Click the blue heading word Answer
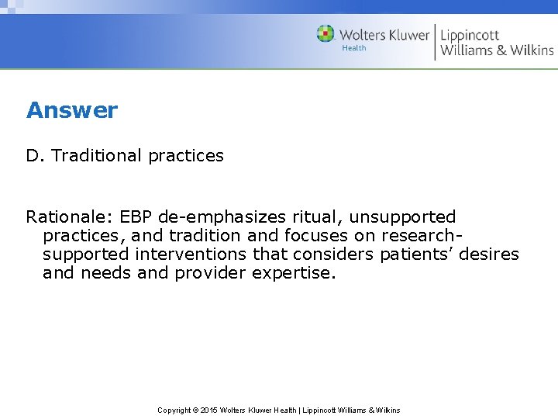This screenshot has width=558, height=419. [x=72, y=110]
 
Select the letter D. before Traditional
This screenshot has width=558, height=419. [x=36, y=156]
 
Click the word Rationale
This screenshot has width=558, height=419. [x=67, y=217]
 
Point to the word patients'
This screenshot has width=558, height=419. [x=418, y=255]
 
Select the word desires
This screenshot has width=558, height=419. [x=491, y=255]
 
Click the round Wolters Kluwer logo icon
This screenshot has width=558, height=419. [x=325, y=34]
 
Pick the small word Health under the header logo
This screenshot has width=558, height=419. [x=354, y=48]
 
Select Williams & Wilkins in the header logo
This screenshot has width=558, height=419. [x=497, y=50]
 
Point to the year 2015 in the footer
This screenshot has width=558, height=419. [x=208, y=410]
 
